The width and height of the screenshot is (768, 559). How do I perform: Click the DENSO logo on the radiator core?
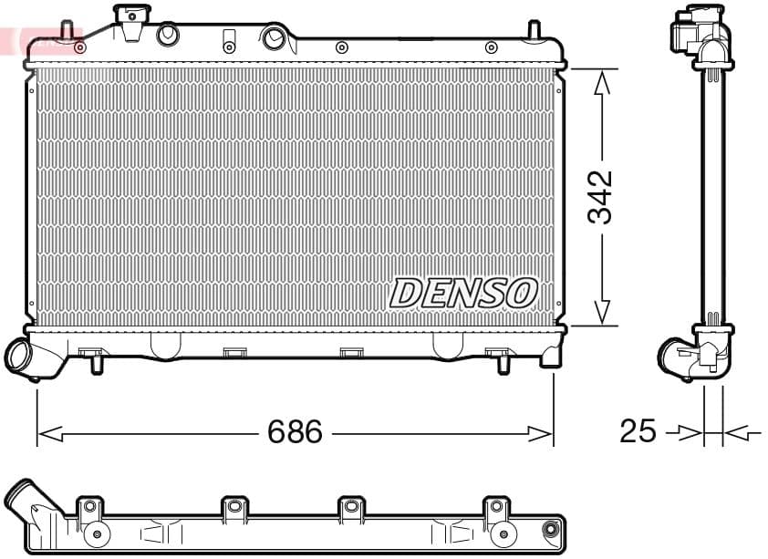[x=463, y=294]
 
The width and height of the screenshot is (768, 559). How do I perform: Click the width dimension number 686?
[x=295, y=431]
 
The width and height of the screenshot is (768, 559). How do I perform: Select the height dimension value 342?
[x=600, y=196]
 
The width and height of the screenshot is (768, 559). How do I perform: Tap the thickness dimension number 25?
[x=638, y=431]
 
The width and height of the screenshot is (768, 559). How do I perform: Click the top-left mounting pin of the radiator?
[x=67, y=30]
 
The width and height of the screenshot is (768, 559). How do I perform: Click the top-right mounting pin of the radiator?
[x=534, y=29]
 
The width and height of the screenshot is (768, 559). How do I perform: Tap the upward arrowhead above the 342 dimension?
[x=600, y=84]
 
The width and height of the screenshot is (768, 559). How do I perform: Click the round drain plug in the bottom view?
[x=550, y=530]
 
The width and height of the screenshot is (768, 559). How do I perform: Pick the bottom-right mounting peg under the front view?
[x=502, y=365]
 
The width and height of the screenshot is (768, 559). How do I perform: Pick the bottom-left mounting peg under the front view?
[x=98, y=365]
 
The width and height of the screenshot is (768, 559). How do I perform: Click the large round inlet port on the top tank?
[x=273, y=38]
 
